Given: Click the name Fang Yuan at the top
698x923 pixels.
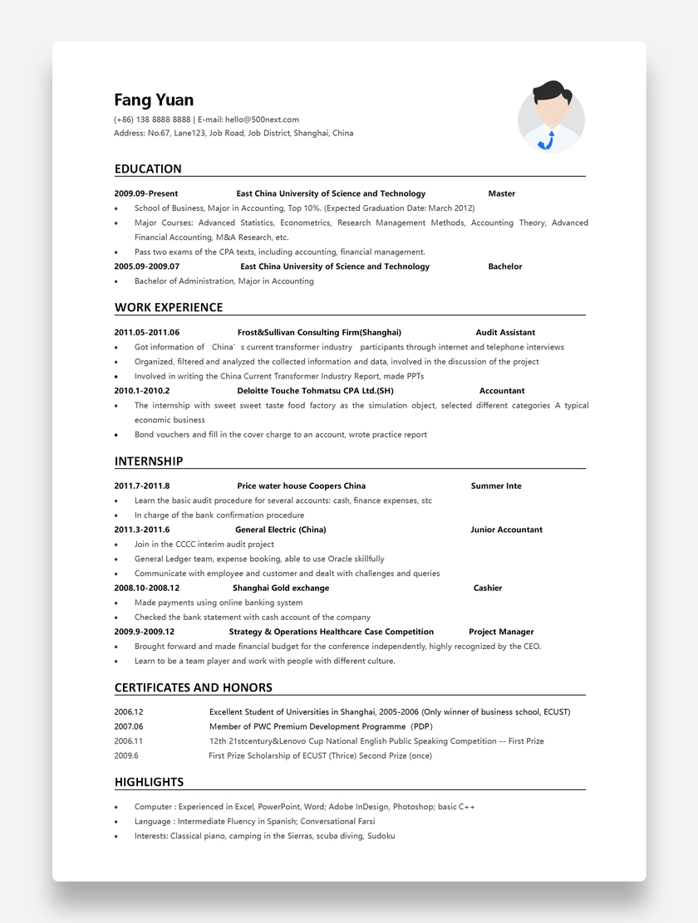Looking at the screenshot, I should click(x=154, y=100).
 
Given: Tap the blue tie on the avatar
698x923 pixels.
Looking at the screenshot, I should click(x=547, y=139).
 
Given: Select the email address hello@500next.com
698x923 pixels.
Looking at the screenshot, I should click(x=262, y=120).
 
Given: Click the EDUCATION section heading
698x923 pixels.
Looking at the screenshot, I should click(x=148, y=169).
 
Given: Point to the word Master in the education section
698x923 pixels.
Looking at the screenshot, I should click(x=501, y=193).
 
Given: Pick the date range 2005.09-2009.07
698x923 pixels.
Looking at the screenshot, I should click(x=146, y=266).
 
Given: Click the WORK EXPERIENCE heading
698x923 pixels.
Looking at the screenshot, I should click(x=169, y=308).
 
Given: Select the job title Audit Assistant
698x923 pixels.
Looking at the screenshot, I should click(x=505, y=333).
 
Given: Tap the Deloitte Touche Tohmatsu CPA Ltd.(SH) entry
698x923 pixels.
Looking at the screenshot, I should click(x=315, y=391).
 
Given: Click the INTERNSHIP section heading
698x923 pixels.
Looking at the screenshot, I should click(x=149, y=461).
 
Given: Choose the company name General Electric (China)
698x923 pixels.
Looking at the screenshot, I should click(x=280, y=530).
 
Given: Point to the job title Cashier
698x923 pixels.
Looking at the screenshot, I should click(x=488, y=588).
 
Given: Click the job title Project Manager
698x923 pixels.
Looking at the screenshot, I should click(x=501, y=632).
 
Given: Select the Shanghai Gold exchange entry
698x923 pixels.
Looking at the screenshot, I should click(x=281, y=588).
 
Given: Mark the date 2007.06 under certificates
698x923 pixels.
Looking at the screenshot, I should click(x=129, y=726).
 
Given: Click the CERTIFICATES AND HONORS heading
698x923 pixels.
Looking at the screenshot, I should click(x=194, y=688).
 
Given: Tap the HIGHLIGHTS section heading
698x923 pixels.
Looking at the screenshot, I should click(x=149, y=783).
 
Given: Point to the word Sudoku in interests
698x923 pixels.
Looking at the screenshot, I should click(x=381, y=836).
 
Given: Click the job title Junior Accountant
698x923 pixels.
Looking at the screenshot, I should click(x=506, y=530).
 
